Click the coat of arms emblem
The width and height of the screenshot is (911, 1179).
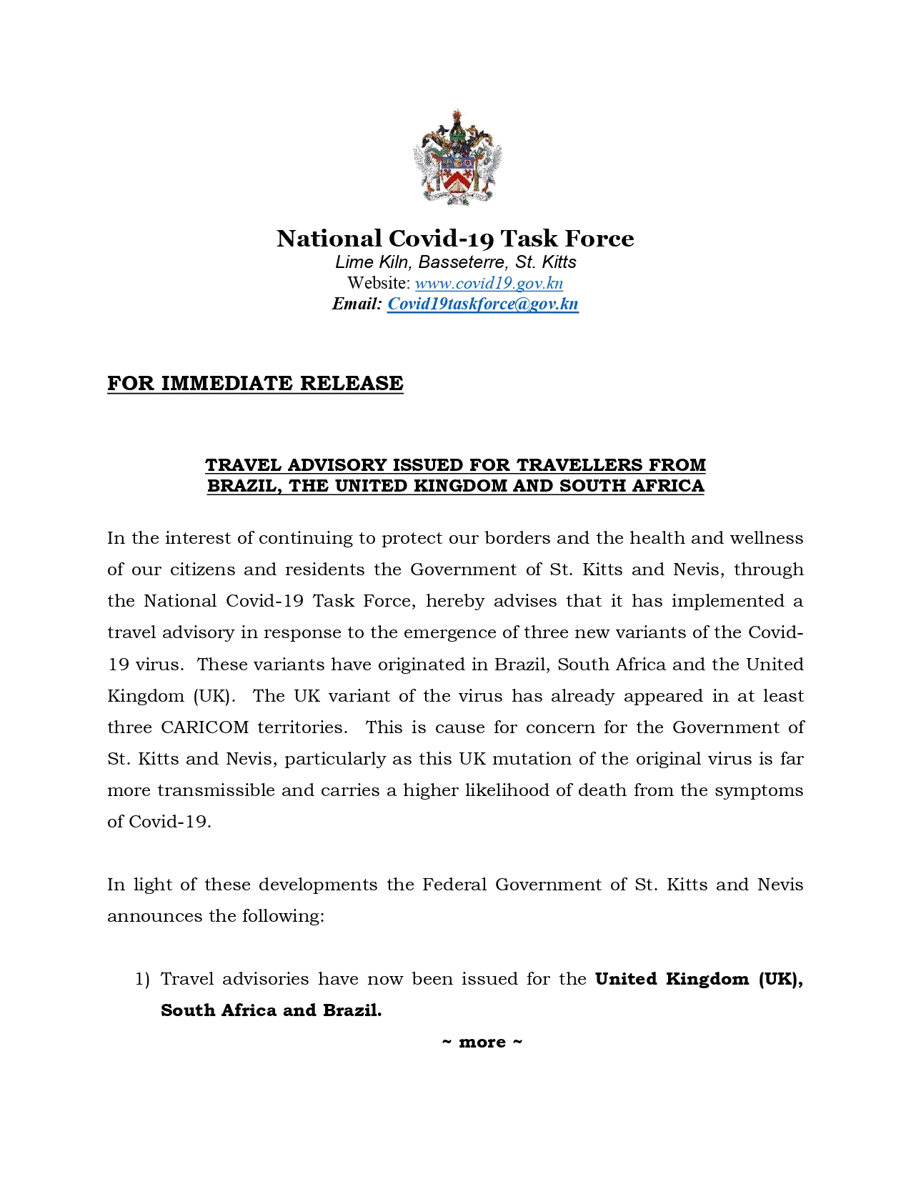[456, 158]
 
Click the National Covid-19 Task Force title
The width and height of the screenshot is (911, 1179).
[455, 238]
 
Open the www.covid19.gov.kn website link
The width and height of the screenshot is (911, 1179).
[489, 283]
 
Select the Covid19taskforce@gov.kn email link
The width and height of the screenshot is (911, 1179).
[482, 304]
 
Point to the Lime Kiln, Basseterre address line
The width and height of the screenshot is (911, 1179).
[455, 262]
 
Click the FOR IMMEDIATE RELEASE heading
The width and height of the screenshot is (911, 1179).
[255, 383]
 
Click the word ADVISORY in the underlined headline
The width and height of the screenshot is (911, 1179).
[337, 465]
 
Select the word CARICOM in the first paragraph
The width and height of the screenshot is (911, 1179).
[204, 727]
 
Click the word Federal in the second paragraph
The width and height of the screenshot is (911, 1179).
[454, 885]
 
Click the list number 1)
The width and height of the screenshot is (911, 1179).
[142, 979]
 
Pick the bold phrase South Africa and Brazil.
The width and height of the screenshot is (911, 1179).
[271, 1010]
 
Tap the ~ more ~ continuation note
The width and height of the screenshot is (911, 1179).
[482, 1042]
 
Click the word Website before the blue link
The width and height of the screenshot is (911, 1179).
[378, 283]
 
